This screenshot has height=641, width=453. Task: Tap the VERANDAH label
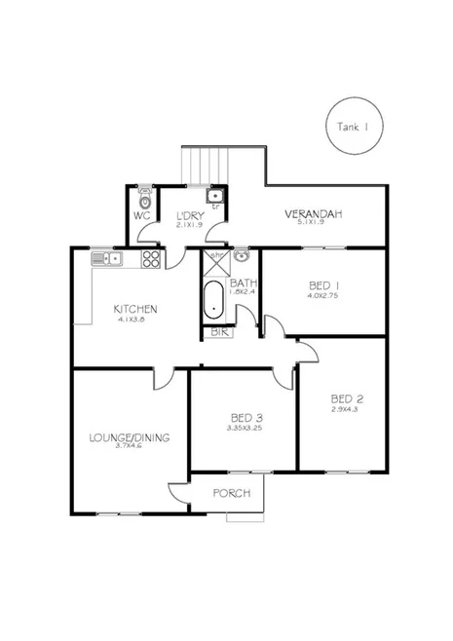tap(313, 214)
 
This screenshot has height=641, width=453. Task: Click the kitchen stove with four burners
tap(151, 259)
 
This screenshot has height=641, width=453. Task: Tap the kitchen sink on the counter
tap(105, 258)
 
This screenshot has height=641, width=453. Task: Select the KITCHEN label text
tap(134, 309)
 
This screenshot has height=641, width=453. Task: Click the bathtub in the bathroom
tap(214, 301)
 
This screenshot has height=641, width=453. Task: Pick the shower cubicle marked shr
tap(214, 261)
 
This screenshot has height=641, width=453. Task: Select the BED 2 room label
tap(347, 398)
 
